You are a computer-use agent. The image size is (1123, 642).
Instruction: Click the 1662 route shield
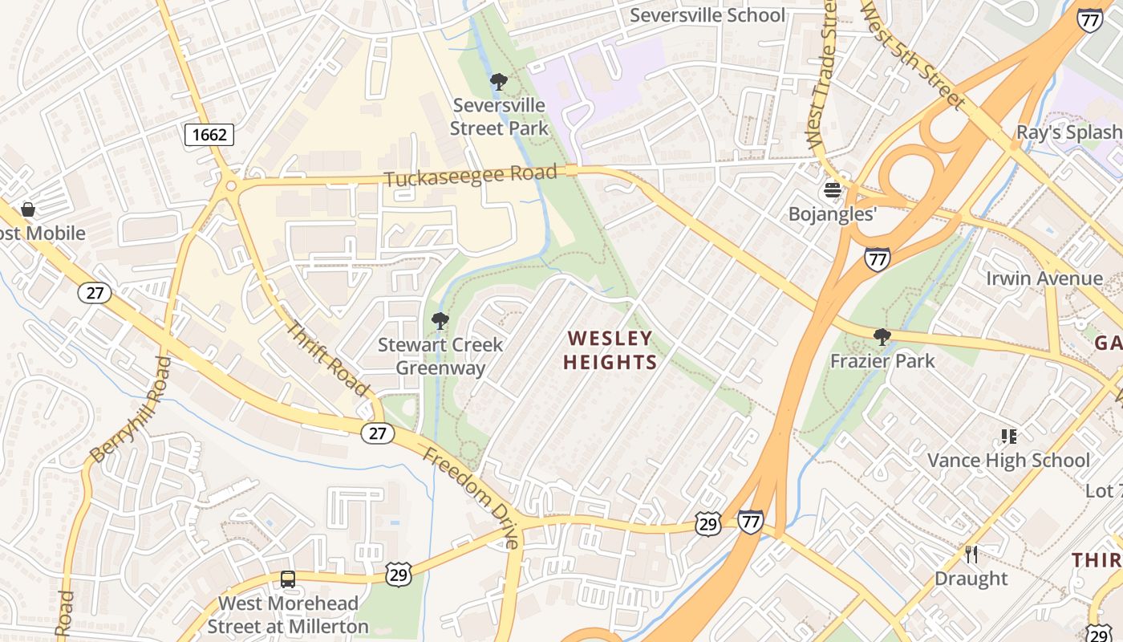209,134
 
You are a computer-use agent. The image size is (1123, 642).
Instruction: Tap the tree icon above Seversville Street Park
499,81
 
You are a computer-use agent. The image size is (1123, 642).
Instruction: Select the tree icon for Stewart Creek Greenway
440,321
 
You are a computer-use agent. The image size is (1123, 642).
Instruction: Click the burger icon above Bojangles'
833,190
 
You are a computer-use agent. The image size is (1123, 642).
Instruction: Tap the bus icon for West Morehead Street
287,579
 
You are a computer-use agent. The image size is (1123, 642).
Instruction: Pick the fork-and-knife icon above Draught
971,555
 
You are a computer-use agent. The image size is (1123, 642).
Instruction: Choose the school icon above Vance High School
1008,437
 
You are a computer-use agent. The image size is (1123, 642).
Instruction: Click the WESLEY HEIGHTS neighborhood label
610,350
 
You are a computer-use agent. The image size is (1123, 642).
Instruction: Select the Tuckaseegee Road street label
470,176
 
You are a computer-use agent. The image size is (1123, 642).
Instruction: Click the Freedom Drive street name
472,498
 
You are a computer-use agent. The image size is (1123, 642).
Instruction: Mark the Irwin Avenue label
1044,278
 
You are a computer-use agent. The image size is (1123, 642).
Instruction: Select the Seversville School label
707,15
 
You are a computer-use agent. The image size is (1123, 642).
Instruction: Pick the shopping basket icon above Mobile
28,209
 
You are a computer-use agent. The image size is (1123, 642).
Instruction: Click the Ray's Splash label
1068,132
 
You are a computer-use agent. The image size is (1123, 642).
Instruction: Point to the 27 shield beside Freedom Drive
377,433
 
